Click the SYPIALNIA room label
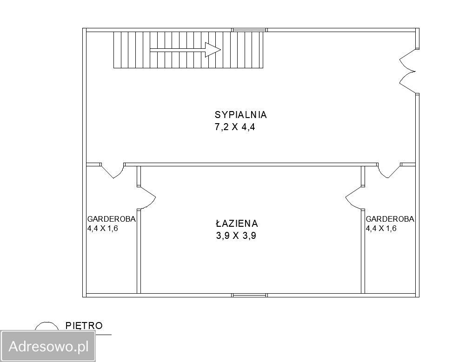click(240, 115)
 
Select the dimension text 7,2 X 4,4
click(235, 127)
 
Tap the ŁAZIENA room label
click(236, 224)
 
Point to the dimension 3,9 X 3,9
click(236, 236)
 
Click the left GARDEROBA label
click(111, 219)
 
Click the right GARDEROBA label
click(390, 219)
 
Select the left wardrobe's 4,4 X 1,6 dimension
click(103, 228)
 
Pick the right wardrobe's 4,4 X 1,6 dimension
click(381, 228)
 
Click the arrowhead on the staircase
click(213, 50)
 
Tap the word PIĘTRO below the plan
click(84, 326)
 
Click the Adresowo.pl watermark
click(48, 346)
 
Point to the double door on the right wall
click(407, 72)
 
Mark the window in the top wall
click(249, 30)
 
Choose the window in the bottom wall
click(249, 295)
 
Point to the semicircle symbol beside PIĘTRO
click(47, 326)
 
